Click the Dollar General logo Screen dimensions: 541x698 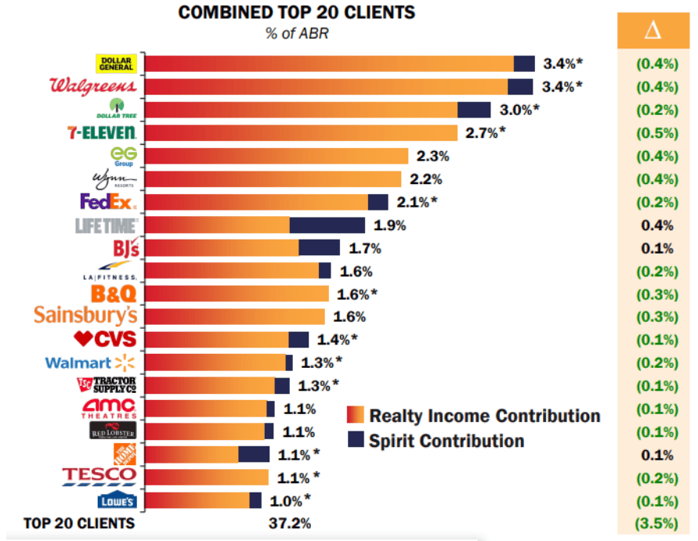(x=116, y=63)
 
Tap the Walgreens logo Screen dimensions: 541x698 (x=93, y=86)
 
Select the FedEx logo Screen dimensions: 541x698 (x=108, y=202)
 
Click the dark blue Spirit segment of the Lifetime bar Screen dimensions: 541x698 (x=327, y=225)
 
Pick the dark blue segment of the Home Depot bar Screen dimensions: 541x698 (x=254, y=454)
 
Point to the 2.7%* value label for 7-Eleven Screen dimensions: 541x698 (x=486, y=133)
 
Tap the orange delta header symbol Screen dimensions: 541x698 (x=652, y=31)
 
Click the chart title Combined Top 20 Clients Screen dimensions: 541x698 (x=297, y=13)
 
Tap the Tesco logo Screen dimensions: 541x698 (x=99, y=476)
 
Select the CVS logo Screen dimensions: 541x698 (x=104, y=339)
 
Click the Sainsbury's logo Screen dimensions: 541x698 (x=85, y=316)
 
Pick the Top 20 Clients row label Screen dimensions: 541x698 (x=79, y=523)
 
